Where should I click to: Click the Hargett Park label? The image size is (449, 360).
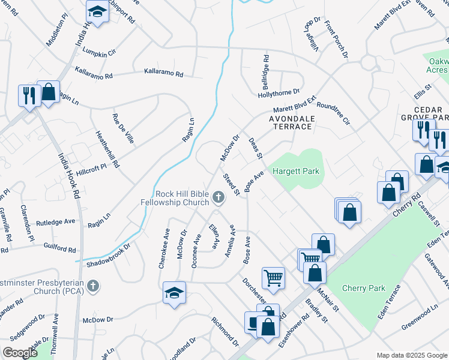click(296, 172)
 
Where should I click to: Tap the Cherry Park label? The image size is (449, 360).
click(363, 288)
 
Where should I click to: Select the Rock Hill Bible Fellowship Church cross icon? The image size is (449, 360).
click(218, 195)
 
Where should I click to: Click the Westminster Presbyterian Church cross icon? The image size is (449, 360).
click(92, 286)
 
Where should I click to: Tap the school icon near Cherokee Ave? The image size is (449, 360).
click(174, 292)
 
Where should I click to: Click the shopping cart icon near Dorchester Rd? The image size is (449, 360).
click(273, 277)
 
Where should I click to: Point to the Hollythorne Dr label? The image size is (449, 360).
click(278, 92)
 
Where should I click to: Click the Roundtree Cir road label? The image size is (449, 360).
click(333, 112)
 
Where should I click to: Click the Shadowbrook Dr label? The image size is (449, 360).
click(108, 254)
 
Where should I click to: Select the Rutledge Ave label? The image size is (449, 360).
click(55, 221)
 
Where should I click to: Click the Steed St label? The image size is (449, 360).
click(232, 184)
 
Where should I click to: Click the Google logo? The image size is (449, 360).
click(20, 353)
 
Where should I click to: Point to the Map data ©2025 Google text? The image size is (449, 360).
click(411, 355)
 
